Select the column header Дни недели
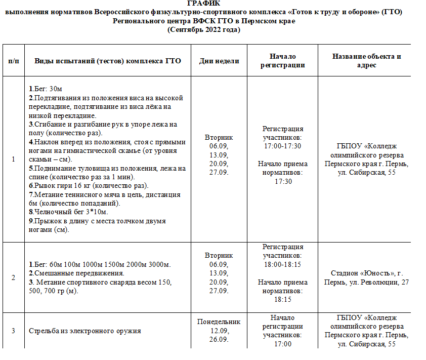coord(219,61)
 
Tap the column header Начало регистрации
coord(282,61)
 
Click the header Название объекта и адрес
coord(366,61)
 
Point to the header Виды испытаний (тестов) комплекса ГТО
coord(108,61)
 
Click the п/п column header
coord(13,61)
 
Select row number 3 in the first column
coord(13,331)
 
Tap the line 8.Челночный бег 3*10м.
coord(68,212)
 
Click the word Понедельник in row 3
coord(219,322)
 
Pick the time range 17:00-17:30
coord(282,146)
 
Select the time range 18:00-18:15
coord(282,264)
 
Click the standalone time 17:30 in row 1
coord(283,181)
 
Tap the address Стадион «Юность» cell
coord(366,277)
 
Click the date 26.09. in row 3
coord(219,339)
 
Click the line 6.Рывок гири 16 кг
coord(88,185)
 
